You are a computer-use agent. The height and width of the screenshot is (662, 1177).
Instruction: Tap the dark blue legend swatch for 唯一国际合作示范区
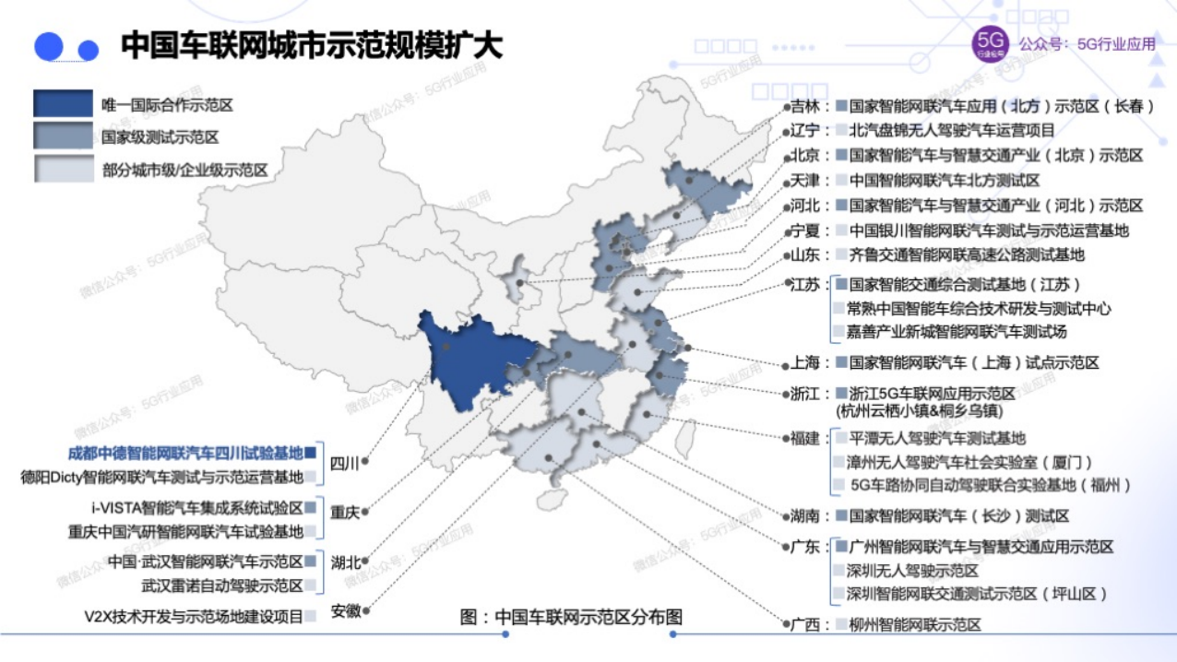(63, 104)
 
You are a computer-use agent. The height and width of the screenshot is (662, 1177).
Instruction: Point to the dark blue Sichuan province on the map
(461, 360)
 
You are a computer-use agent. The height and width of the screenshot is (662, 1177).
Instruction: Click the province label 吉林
(804, 106)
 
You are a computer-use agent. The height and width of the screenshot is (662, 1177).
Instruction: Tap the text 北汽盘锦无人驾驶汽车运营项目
(951, 131)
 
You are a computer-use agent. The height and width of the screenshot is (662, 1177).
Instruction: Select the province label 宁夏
(804, 231)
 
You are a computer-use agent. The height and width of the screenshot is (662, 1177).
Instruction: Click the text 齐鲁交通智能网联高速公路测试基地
(967, 254)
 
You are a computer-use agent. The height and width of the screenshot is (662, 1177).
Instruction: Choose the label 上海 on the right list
(804, 363)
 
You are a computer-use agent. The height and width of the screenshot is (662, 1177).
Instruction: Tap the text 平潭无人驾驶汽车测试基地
(937, 438)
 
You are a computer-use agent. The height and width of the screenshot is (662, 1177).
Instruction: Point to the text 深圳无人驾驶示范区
(912, 571)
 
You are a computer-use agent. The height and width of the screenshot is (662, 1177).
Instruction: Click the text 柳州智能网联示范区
(915, 624)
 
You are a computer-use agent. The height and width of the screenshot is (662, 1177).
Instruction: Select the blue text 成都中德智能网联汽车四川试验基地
(185, 453)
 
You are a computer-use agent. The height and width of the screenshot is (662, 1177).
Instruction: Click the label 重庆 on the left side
(344, 513)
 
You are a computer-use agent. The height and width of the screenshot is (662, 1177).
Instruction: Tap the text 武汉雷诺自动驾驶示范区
(221, 585)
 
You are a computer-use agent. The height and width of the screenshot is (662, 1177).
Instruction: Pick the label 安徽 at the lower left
(345, 610)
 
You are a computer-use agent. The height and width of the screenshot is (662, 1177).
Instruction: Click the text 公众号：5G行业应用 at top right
(1087, 43)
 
